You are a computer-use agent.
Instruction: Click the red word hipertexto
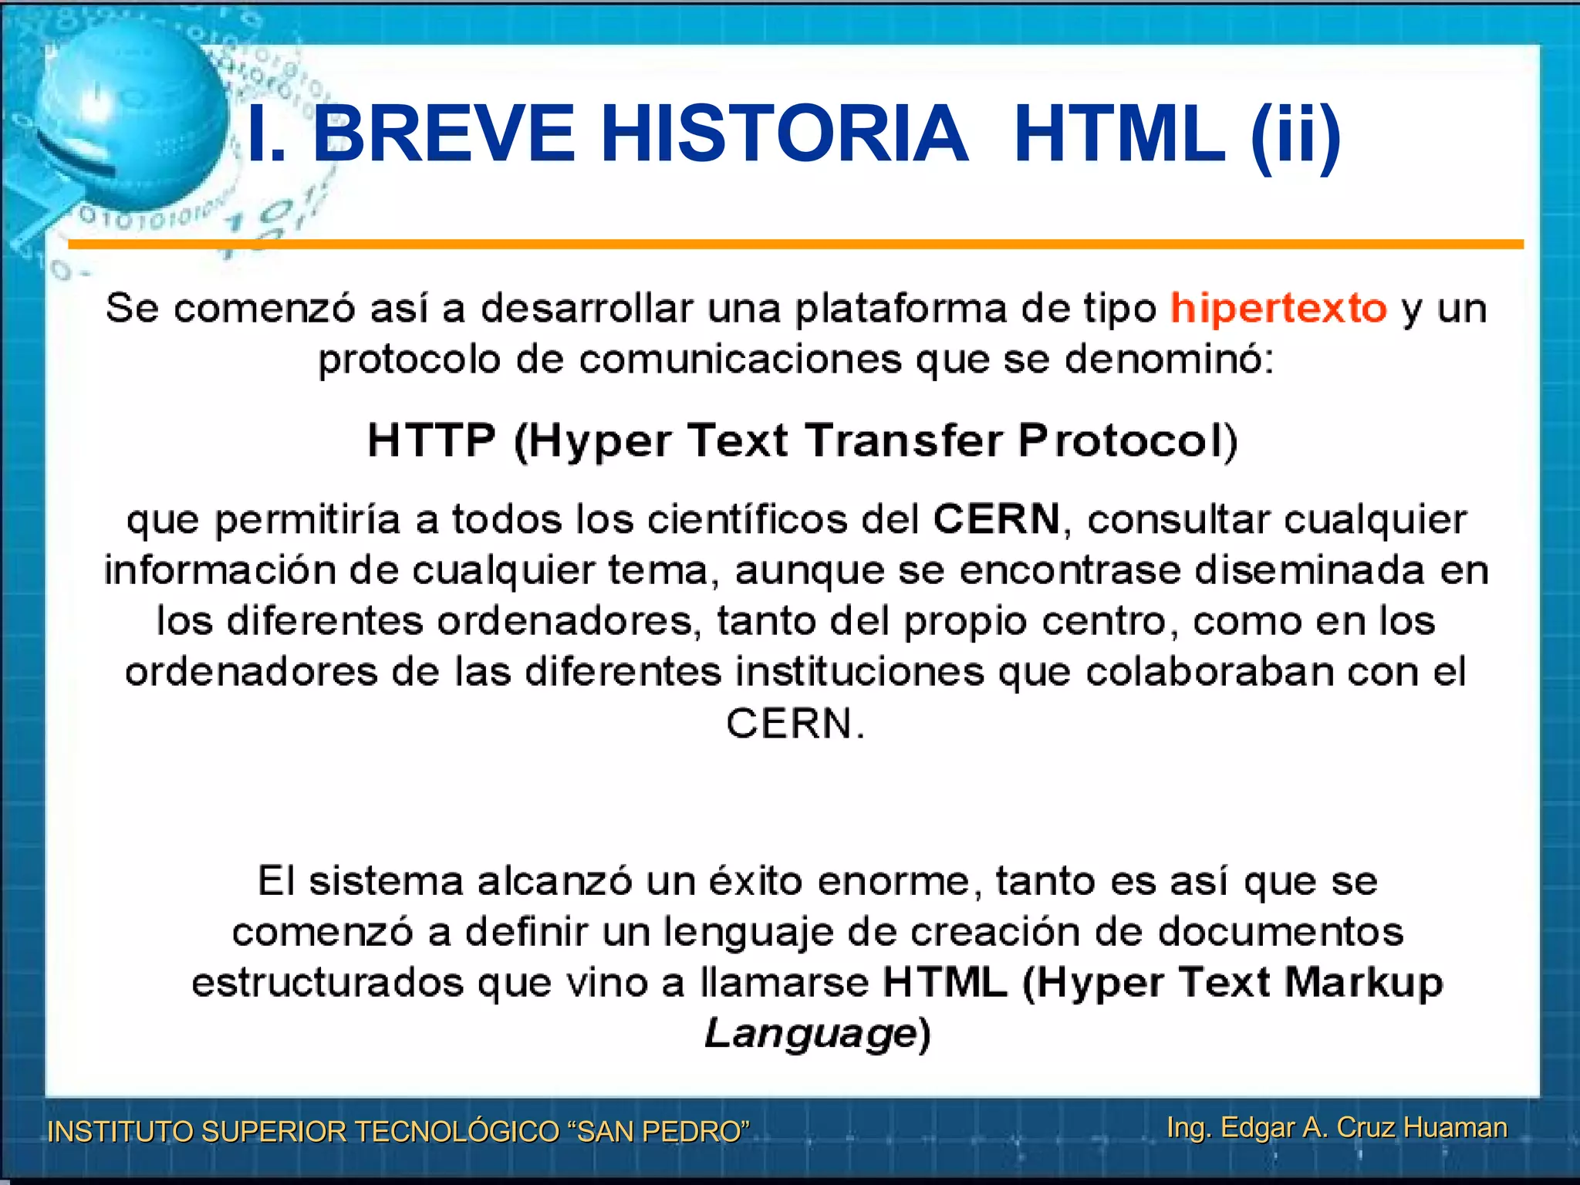tap(1278, 309)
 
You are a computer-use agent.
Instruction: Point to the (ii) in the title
tap(1295, 136)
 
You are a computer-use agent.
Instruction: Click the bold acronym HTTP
tap(430, 441)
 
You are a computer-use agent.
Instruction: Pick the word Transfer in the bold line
tap(903, 441)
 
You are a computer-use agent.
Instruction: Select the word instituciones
tap(859, 672)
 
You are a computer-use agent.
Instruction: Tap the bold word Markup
tap(1363, 984)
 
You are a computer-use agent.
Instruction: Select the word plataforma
tap(900, 309)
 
